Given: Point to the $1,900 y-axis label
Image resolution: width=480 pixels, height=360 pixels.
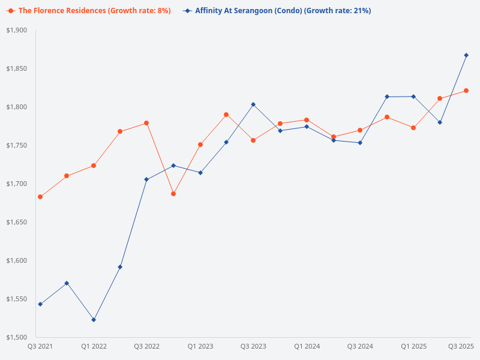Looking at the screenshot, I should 17,31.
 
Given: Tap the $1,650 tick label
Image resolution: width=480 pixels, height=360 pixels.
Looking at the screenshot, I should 17,222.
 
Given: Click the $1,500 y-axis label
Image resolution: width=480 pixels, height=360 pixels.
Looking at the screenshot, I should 17,337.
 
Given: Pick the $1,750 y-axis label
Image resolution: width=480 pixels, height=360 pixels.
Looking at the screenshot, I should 17,146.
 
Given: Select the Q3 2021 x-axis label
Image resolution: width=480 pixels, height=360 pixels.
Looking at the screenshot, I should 40,346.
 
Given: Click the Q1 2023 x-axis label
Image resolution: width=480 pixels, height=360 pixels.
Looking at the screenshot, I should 200,346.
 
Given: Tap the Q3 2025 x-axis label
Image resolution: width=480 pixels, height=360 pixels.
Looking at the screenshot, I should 461,346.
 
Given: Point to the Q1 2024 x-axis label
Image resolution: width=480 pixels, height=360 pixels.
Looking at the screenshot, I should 307,346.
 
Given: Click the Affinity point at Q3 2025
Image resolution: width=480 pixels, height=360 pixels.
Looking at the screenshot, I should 466,55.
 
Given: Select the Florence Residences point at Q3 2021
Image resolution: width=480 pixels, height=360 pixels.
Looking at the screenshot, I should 40,197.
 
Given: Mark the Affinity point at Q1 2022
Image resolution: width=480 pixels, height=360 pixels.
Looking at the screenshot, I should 94,320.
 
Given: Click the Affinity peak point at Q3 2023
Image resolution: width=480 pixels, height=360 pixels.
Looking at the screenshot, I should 253,104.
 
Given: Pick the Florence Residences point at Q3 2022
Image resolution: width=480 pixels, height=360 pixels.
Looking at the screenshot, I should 146,123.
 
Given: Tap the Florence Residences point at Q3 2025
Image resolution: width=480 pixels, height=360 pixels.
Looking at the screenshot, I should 466,91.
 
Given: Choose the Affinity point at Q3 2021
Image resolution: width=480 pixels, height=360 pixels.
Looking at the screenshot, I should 40,304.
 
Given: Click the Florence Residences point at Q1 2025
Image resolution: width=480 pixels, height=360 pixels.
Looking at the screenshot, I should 413,128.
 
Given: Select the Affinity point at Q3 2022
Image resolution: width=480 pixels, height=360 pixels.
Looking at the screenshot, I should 146,179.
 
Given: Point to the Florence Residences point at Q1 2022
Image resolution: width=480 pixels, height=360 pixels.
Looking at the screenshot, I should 94,166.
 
